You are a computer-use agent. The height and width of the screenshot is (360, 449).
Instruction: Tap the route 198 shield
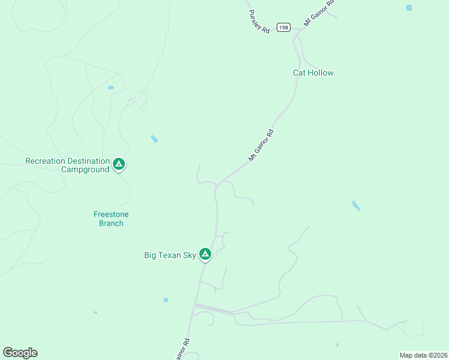(x=283, y=27)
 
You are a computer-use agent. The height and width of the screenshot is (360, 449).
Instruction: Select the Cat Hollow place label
(x=313, y=73)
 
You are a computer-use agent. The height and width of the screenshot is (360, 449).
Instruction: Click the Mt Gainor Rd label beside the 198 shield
(x=319, y=12)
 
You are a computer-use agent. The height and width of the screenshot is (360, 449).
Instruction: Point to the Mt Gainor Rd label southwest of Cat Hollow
(x=261, y=145)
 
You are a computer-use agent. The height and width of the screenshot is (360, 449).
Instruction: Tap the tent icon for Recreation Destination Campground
(x=119, y=163)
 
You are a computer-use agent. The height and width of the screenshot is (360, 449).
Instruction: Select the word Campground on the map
(x=85, y=169)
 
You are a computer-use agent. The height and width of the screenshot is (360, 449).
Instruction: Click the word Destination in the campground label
(x=88, y=161)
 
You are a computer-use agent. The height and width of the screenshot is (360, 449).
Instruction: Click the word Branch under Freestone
(x=111, y=223)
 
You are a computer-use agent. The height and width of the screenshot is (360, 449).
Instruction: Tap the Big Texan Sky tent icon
(x=205, y=254)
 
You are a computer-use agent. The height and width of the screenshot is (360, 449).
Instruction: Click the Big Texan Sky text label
(x=170, y=255)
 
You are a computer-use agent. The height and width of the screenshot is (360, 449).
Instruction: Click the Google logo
(x=20, y=353)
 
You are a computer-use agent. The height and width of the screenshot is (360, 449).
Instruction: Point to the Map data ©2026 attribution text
(x=423, y=355)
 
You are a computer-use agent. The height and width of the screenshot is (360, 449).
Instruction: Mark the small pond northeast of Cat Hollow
(x=409, y=8)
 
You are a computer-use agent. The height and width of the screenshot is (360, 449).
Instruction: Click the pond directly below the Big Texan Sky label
(x=165, y=299)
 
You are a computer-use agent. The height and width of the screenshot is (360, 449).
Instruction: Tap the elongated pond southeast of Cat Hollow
(x=356, y=206)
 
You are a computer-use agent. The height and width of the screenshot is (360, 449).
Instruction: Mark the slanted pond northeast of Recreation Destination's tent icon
(x=154, y=139)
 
